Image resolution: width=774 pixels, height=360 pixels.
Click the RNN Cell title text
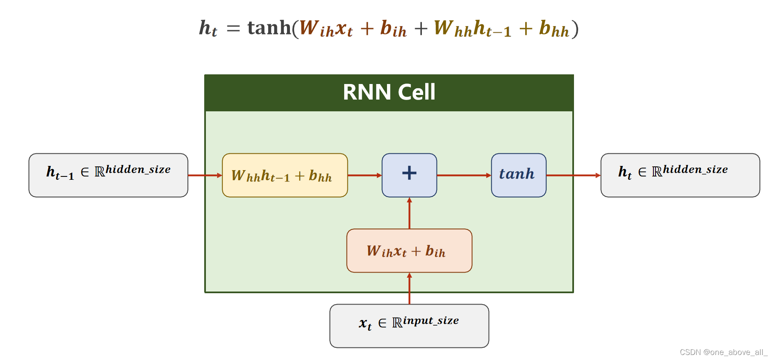[389, 92]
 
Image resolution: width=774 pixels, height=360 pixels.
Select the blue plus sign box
[409, 175]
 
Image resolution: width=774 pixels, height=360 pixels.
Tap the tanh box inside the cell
[518, 175]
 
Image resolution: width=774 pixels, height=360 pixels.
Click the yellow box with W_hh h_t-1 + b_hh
[284, 175]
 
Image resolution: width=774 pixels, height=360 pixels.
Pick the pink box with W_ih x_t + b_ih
[409, 251]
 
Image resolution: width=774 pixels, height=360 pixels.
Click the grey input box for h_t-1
[108, 175]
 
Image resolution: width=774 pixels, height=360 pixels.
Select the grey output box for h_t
[680, 175]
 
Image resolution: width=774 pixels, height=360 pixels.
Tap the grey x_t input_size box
[409, 326]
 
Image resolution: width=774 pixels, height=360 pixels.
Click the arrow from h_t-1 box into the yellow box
[205, 175]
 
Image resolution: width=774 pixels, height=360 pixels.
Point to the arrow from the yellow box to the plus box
[364, 175]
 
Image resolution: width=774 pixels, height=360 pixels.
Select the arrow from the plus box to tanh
[463, 175]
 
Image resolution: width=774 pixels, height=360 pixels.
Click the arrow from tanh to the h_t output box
[573, 175]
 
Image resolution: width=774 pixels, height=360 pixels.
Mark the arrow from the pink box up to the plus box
[409, 213]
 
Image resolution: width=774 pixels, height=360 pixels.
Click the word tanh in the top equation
[269, 28]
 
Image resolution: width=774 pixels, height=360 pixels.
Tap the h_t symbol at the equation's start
[208, 29]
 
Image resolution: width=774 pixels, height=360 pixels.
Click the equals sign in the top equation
[233, 29]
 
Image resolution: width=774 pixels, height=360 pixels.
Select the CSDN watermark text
[723, 352]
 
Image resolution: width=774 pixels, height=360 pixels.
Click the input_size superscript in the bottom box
[431, 321]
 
